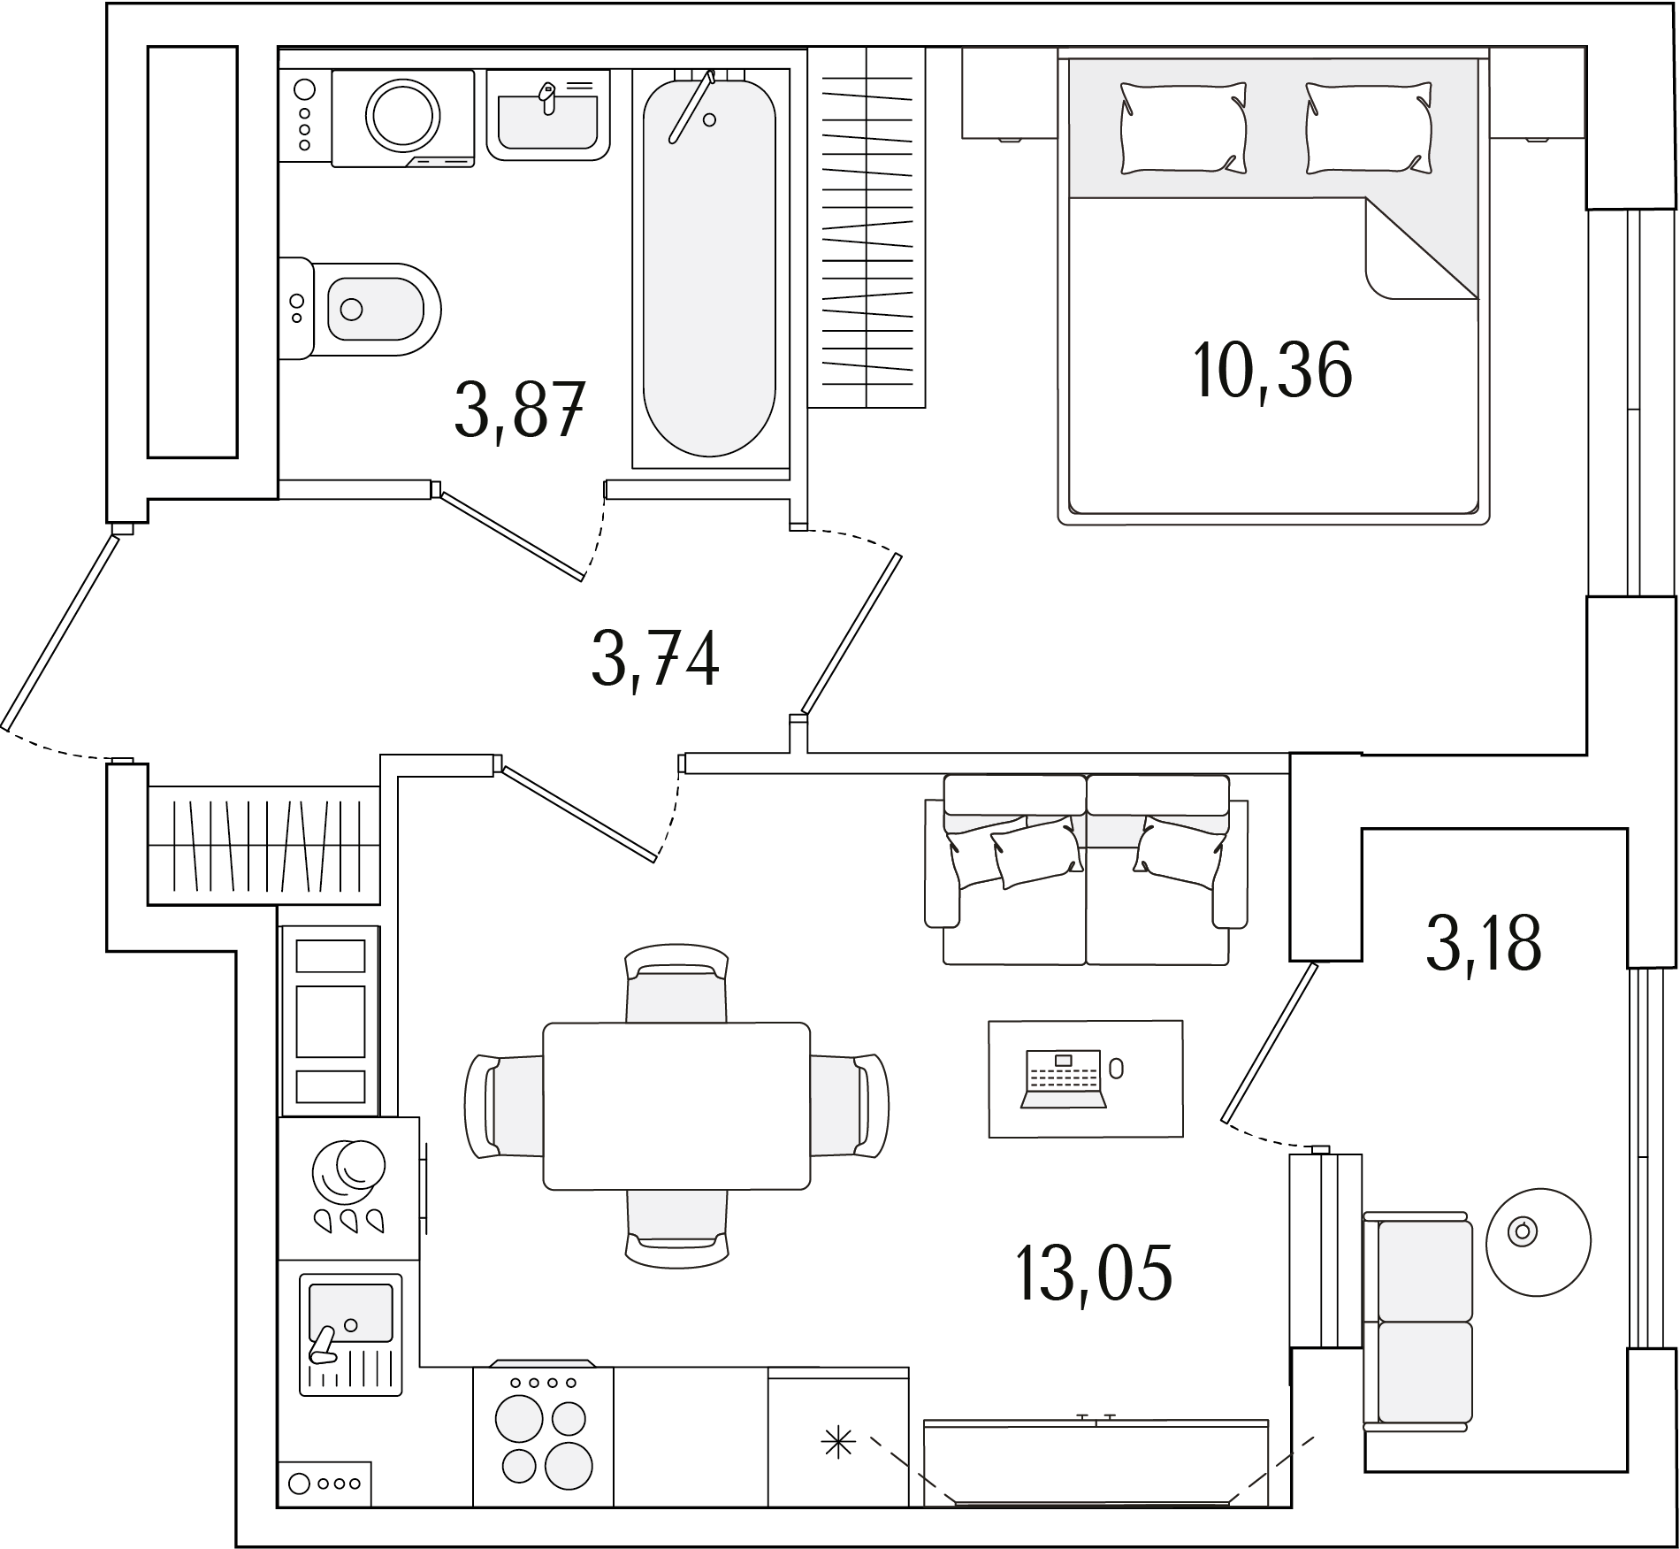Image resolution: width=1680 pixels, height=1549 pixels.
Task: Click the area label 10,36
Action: (1272, 370)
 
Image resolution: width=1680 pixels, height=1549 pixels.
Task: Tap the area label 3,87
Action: (520, 409)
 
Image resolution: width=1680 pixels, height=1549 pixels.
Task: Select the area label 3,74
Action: (655, 658)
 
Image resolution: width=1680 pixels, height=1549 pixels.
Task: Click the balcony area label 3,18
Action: (1484, 943)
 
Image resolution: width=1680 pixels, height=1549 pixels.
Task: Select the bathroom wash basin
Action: (548, 115)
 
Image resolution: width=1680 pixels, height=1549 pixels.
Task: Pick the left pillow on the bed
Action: (1183, 127)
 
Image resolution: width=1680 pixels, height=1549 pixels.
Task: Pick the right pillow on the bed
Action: (1369, 127)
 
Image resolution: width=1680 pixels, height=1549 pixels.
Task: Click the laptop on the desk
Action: (1063, 1078)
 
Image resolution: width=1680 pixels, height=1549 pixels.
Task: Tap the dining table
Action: (676, 1106)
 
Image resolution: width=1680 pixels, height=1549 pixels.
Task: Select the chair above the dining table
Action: (676, 983)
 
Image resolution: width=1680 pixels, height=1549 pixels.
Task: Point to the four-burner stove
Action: (543, 1436)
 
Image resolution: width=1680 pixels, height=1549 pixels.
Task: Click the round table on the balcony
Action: (1538, 1241)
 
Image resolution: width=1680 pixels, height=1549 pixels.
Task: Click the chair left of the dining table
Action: (504, 1106)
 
